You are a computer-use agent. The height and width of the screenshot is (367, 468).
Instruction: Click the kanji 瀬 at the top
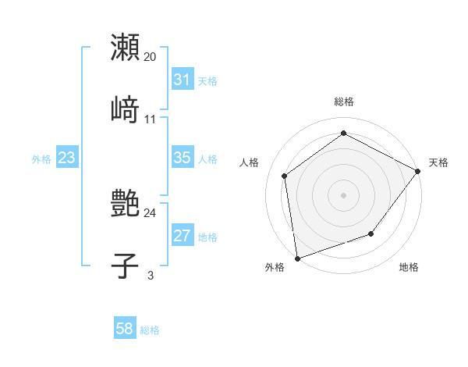[x=126, y=48]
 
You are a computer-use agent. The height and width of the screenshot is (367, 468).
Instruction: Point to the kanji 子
[x=126, y=265]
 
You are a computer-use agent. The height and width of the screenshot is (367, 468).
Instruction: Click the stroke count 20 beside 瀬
[x=151, y=57]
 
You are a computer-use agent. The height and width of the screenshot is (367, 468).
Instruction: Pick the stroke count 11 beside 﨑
[x=151, y=119]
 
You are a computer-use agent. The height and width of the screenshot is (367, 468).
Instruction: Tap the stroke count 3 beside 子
[x=151, y=275]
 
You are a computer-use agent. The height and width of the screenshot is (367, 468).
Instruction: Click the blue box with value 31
[x=182, y=80]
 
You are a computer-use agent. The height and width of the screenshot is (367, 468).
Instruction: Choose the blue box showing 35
[x=182, y=158]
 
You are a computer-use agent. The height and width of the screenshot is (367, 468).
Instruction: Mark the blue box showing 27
[x=182, y=236]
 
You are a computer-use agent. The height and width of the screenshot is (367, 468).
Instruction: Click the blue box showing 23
[x=67, y=158]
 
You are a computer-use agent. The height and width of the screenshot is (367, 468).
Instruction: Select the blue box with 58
[x=125, y=329]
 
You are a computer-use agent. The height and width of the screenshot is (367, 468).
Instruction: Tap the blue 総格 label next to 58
[x=150, y=330]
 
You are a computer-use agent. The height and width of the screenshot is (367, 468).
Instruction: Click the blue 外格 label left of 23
[x=41, y=159]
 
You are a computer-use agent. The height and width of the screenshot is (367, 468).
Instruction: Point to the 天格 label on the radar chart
[x=438, y=162]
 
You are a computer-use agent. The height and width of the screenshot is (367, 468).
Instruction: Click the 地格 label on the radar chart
[x=409, y=268]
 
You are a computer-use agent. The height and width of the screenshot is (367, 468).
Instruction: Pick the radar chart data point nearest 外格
[x=297, y=258]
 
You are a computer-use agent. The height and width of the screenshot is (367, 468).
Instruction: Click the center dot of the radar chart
[x=343, y=194]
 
